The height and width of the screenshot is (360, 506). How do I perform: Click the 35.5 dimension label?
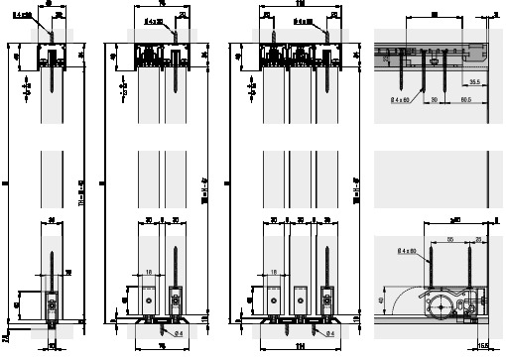coord(474,82)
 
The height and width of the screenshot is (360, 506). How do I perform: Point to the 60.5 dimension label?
coord(465,102)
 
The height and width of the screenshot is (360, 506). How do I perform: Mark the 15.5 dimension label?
coord(482,344)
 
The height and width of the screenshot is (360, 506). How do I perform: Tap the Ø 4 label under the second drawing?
coord(180,330)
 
